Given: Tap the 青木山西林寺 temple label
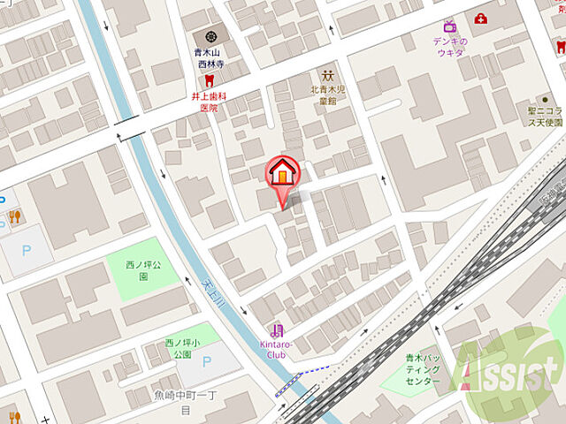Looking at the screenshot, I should [x=211, y=58].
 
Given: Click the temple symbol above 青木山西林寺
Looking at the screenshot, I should [x=211, y=36].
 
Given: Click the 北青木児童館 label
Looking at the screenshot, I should [x=328, y=94].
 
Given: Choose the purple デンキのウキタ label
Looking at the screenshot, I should [x=449, y=46].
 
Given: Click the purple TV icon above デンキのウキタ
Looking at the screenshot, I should [x=449, y=25].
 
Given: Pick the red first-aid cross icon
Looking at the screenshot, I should [x=480, y=19].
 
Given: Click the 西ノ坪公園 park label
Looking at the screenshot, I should [x=131, y=269].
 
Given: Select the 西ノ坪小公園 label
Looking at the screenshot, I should [x=178, y=348].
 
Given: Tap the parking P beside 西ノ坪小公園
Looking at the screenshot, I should [x=206, y=360].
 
